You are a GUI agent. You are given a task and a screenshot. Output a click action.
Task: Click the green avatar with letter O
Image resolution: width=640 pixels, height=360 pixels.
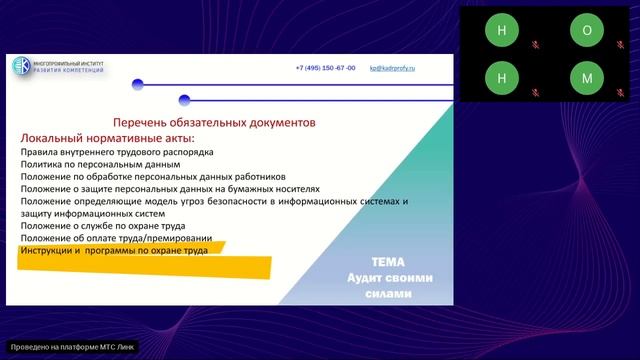coord(587,30)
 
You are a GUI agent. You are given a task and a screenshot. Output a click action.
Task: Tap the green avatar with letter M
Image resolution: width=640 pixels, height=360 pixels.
coord(587,76)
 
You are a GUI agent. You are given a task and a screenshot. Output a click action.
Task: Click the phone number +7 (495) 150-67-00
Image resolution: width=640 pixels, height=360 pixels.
coord(325,68)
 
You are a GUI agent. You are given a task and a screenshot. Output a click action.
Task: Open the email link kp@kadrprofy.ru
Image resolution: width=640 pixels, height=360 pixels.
coord(392,68)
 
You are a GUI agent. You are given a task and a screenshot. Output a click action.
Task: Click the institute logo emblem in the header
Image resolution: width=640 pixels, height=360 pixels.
coord(22,67)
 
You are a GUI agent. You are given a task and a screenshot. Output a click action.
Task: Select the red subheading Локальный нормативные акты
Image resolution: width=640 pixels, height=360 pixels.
coord(108,137)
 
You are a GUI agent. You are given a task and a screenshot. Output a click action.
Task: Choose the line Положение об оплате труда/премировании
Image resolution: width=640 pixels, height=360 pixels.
coord(115,238)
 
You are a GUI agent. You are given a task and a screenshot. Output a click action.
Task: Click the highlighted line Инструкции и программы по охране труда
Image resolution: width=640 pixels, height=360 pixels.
coord(114,251)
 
